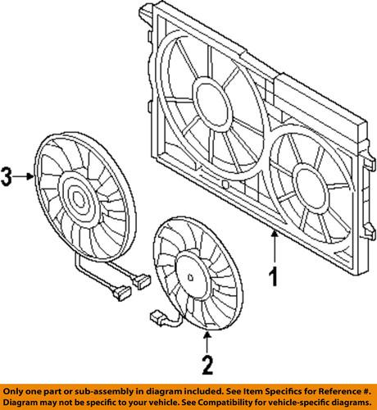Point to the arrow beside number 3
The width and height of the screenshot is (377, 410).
point(25,175)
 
